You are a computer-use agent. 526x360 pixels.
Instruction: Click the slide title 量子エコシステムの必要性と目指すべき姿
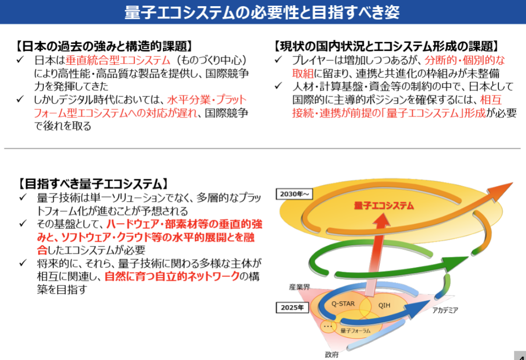pyautogui.click(x=262, y=12)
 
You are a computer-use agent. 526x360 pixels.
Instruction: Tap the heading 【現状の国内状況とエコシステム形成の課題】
pyautogui.click(x=386, y=46)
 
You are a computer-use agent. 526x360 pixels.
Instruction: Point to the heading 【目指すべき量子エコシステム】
pyautogui.click(x=93, y=184)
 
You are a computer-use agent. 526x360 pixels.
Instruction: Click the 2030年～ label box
pyautogui.click(x=294, y=194)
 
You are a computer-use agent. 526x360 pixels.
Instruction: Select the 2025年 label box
pyautogui.click(x=292, y=307)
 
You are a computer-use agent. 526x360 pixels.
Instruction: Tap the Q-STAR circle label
pyautogui.click(x=343, y=303)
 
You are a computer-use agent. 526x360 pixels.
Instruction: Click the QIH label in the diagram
pyautogui.click(x=384, y=305)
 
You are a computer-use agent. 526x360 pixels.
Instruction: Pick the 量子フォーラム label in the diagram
pyautogui.click(x=355, y=331)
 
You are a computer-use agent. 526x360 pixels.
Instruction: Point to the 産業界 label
pyautogui.click(x=299, y=287)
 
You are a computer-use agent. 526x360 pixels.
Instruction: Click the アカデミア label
pyautogui.click(x=445, y=310)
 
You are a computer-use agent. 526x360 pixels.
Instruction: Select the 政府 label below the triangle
pyautogui.click(x=331, y=355)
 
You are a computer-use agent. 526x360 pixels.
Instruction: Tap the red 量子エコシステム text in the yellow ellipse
pyautogui.click(x=384, y=206)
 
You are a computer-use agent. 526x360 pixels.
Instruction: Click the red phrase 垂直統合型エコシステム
pyautogui.click(x=117, y=60)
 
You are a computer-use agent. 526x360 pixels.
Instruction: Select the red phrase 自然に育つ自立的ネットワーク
pyautogui.click(x=172, y=276)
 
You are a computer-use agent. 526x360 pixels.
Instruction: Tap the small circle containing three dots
pyautogui.click(x=328, y=326)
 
